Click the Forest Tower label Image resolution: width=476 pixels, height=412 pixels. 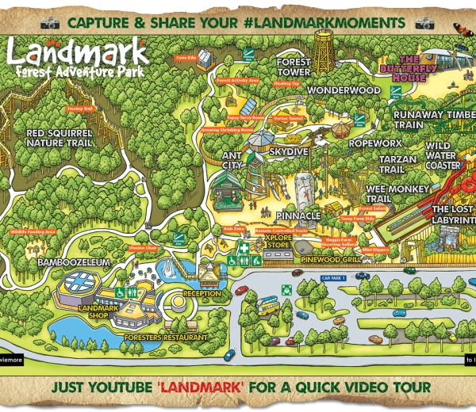click(294, 67)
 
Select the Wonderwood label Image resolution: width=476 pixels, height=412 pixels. click(344, 90)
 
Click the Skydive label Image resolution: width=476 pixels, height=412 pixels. click(288, 151)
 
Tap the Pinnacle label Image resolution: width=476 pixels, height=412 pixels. click(298, 216)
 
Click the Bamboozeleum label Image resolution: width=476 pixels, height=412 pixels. click(57, 261)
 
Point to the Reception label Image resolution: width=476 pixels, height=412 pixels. click(203, 293)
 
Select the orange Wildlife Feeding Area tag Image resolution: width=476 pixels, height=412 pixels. click(33, 231)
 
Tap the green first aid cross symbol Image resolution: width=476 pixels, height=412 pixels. click(246, 248)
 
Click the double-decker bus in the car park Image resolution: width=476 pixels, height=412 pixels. click(270, 303)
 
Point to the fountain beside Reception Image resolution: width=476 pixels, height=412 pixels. click(168, 273)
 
